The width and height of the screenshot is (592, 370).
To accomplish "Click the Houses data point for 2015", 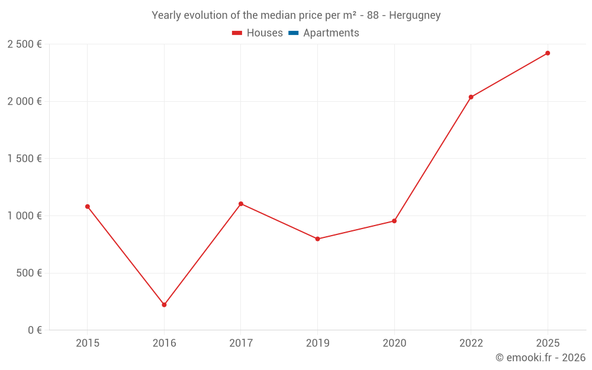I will coord(88,207).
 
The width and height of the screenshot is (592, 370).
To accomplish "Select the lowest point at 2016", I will coord(164,305).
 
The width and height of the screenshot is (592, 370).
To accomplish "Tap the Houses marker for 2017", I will coord(241,204).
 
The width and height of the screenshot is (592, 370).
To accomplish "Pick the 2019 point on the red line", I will coord(317,239).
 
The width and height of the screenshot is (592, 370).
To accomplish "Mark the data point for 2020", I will coord(394,221).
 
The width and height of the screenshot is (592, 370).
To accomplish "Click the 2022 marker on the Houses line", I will coord(471,97).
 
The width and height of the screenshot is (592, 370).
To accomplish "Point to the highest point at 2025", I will coord(548,53).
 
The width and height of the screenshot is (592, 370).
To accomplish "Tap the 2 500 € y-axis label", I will coord(24,44).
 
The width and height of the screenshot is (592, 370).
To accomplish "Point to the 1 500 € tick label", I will coord(24,159).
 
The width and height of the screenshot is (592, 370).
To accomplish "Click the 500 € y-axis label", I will coord(28,273).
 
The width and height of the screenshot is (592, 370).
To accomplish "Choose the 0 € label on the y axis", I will coord(34,330).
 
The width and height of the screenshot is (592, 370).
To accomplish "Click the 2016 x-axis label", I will coord(164,343).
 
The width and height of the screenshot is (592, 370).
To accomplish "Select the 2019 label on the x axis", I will coord(317,343).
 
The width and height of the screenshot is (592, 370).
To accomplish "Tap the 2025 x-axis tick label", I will coord(548,343).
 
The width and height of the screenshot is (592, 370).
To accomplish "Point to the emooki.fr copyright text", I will coord(540,358).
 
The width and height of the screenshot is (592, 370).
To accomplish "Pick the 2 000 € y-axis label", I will coord(24,101).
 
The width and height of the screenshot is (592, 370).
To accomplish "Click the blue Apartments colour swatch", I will coord(293,33).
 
